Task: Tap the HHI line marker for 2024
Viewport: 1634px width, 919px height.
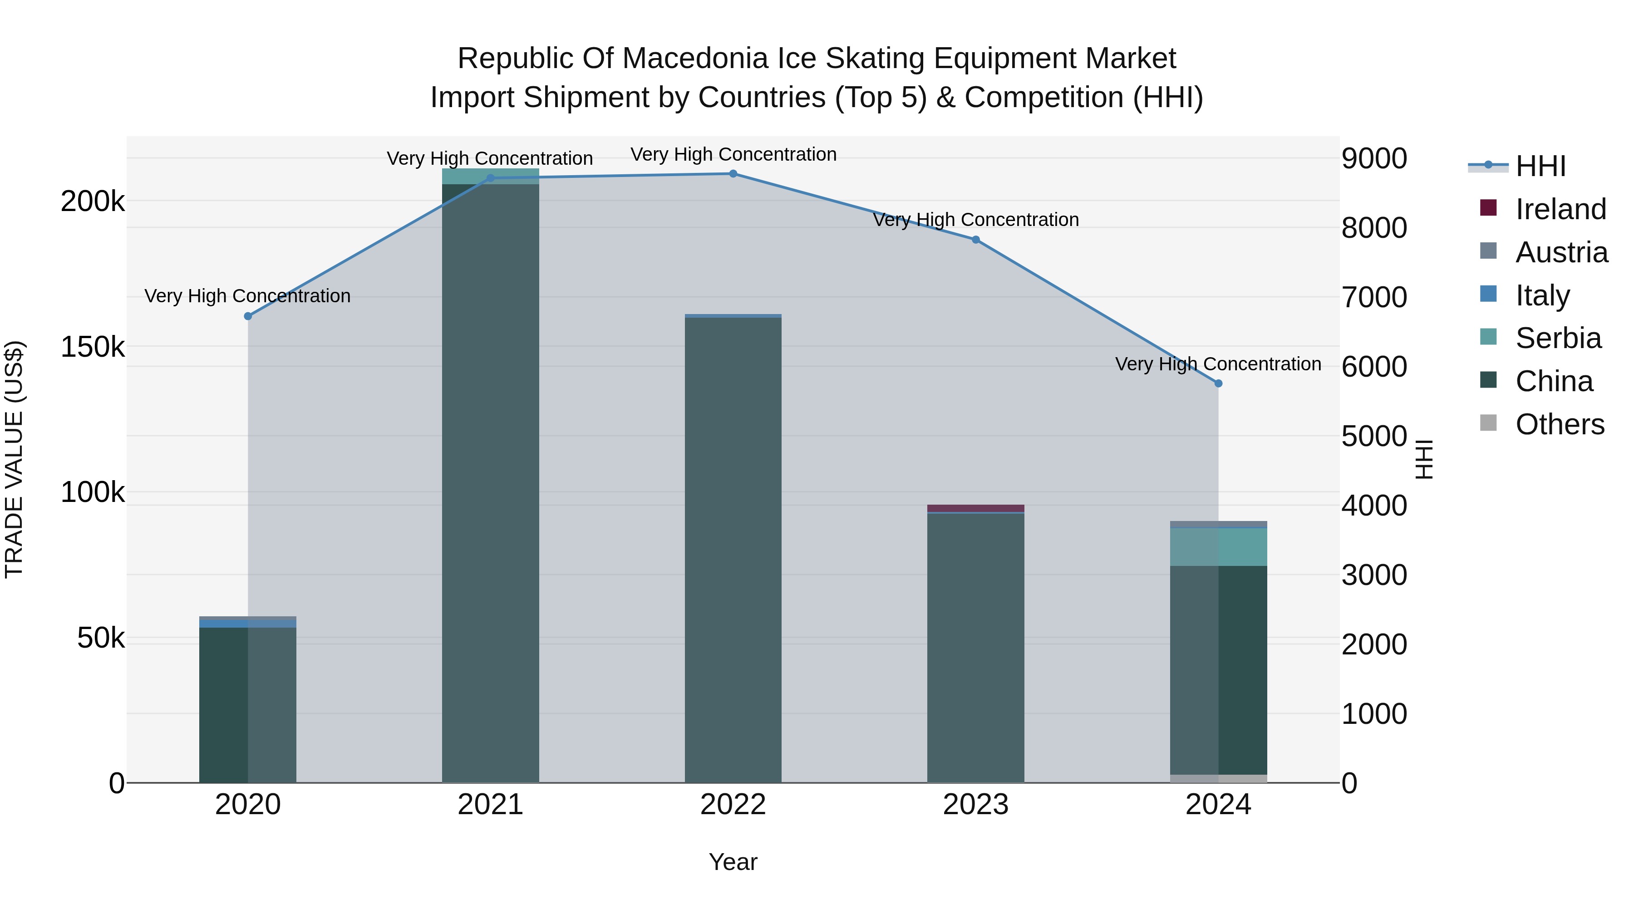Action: (x=1218, y=383)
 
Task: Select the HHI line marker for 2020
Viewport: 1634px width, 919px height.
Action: (x=248, y=316)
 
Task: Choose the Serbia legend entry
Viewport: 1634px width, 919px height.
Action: (x=1557, y=338)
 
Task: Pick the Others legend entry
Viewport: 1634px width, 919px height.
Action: (x=1559, y=424)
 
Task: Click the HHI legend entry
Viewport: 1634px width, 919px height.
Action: (x=1540, y=166)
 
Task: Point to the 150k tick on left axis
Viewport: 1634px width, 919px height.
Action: (x=93, y=347)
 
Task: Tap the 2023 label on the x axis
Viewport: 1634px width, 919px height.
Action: (x=975, y=805)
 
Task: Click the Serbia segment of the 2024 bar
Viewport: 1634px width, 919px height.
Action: (x=1218, y=547)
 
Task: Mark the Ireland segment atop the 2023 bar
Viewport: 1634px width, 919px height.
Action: (x=975, y=508)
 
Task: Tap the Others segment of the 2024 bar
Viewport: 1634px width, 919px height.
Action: (x=1218, y=778)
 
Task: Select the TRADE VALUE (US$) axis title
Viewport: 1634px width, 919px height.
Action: (x=14, y=459)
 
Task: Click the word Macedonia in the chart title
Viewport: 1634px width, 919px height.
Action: (x=694, y=59)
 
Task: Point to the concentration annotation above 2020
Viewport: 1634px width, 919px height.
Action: (x=247, y=296)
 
